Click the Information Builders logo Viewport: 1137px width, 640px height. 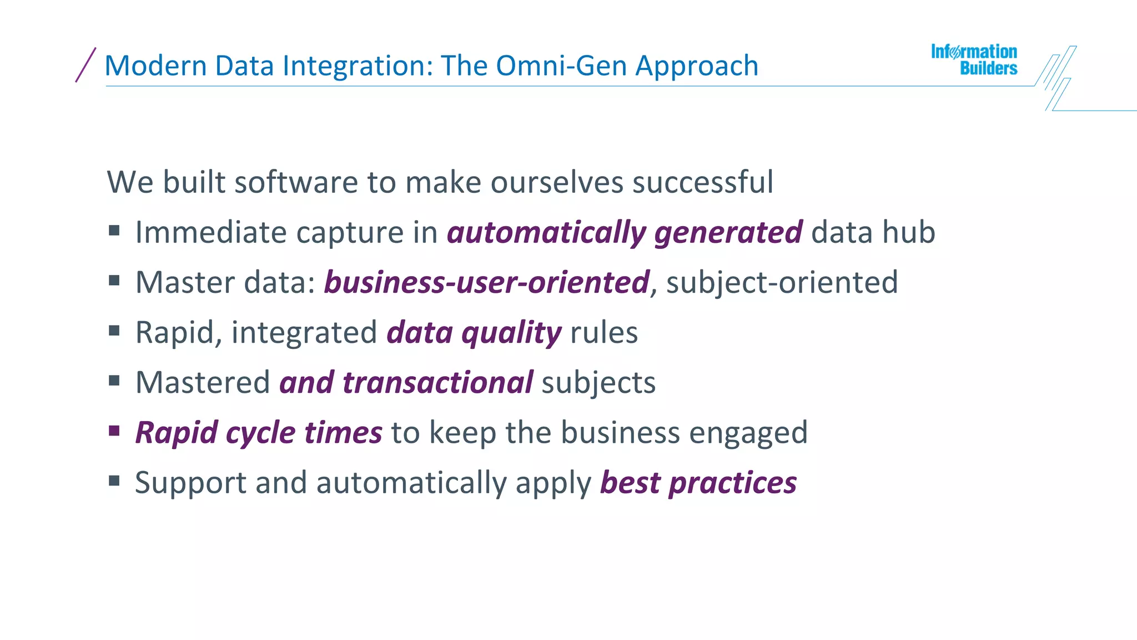tap(974, 59)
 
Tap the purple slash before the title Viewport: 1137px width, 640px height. tap(85, 65)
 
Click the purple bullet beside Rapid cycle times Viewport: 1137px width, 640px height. tap(114, 431)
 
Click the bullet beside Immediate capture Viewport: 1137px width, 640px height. tap(114, 230)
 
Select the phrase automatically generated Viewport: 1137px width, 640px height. tap(624, 232)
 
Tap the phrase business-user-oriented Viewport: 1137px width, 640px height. tap(486, 282)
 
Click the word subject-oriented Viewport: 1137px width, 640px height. tap(782, 282)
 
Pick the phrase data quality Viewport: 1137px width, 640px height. tap(474, 333)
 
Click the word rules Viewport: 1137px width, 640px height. tap(603, 333)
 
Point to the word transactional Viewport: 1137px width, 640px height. tap(437, 383)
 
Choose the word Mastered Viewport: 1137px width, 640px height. tap(203, 383)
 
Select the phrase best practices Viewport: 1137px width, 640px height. tap(698, 483)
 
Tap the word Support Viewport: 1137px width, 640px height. tap(190, 483)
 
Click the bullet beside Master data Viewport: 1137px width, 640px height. tap(114, 281)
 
